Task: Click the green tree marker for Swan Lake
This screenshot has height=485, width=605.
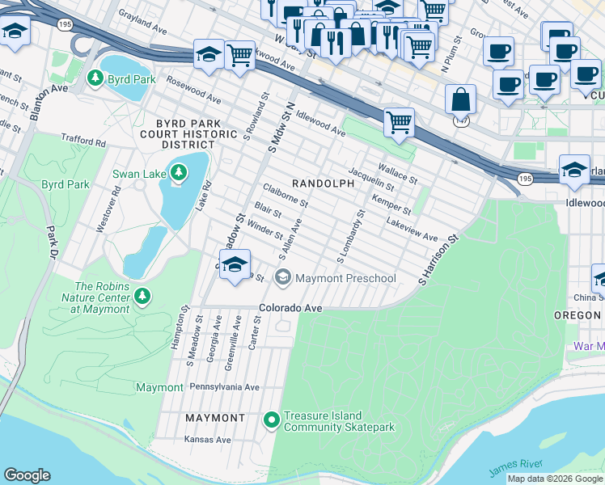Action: pyautogui.click(x=178, y=172)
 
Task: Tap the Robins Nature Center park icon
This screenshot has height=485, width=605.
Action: pyautogui.click(x=143, y=297)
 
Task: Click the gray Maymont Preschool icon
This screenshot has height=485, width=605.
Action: pyautogui.click(x=282, y=278)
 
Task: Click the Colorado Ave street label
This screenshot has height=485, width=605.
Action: pyautogui.click(x=290, y=308)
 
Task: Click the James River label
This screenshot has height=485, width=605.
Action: pyautogui.click(x=515, y=467)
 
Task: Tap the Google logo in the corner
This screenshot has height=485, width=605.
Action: pyautogui.click(x=27, y=474)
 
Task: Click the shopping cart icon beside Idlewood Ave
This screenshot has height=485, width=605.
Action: pyautogui.click(x=399, y=122)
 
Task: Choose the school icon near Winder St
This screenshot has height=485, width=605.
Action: pyautogui.click(x=235, y=264)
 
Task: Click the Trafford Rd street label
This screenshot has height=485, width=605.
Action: pyautogui.click(x=84, y=141)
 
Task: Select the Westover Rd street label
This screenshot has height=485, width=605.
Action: pyautogui.click(x=107, y=212)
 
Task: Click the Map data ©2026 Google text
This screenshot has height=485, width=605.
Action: pyautogui.click(x=555, y=479)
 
